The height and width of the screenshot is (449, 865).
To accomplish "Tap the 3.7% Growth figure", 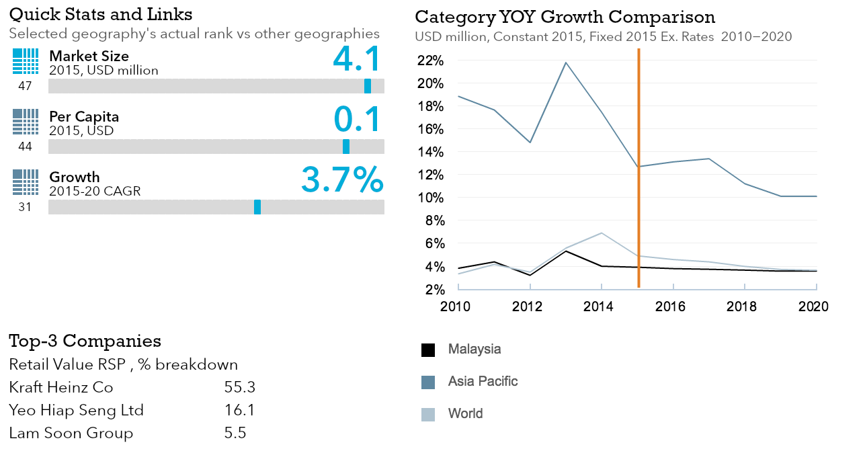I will pyautogui.click(x=342, y=179).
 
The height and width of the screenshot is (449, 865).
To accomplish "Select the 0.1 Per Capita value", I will pyautogui.click(x=357, y=119).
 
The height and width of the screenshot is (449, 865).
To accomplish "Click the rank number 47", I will pyautogui.click(x=25, y=86).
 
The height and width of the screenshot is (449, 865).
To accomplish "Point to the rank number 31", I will pyautogui.click(x=25, y=207).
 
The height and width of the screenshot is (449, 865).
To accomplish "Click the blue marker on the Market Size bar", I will pyautogui.click(x=368, y=86).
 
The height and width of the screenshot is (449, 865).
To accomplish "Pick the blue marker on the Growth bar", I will pyautogui.click(x=257, y=207).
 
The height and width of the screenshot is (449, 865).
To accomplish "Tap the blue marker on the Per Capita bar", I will pyautogui.click(x=346, y=147).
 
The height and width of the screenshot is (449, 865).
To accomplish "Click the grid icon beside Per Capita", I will pyautogui.click(x=26, y=122).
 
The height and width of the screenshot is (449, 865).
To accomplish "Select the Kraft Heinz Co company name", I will pyautogui.click(x=61, y=388).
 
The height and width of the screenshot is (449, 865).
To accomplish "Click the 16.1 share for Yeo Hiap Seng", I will pyautogui.click(x=240, y=410).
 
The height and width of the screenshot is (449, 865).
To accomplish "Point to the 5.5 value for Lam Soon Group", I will pyautogui.click(x=235, y=433).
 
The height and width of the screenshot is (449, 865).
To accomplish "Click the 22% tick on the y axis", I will pyautogui.click(x=430, y=61).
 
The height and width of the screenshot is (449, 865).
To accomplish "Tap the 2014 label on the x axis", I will pyautogui.click(x=598, y=307).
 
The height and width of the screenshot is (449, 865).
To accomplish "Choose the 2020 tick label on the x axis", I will pyautogui.click(x=813, y=307).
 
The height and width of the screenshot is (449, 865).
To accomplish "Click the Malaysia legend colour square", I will pyautogui.click(x=428, y=350).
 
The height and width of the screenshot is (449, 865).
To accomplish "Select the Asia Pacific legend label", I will pyautogui.click(x=483, y=382).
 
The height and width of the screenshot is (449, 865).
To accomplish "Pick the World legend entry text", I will pyautogui.click(x=465, y=413).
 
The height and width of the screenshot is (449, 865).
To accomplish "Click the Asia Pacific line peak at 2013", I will pyautogui.click(x=566, y=63).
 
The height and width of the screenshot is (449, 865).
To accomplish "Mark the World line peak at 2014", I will pyautogui.click(x=602, y=233).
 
